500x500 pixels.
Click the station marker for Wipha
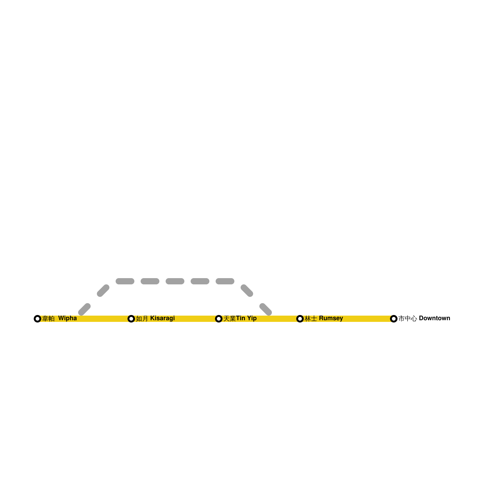tap(37, 319)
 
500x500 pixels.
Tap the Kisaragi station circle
tap(131, 319)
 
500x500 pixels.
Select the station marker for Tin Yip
tap(219, 319)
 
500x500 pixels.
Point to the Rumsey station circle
tap(300, 319)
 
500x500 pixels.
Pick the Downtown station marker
tap(394, 319)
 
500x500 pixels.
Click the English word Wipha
tap(67, 318)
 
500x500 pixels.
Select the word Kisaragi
tap(162, 318)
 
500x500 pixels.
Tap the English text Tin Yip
tap(246, 318)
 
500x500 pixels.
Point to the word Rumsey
tap(331, 318)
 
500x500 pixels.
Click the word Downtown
tap(434, 318)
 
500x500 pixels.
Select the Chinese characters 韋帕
tap(48, 318)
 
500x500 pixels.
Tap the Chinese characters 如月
tap(142, 318)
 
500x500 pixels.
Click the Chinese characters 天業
tap(229, 318)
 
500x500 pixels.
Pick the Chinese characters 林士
tap(311, 318)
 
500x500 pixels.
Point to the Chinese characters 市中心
tap(407, 318)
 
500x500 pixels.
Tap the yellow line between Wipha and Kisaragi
tap(103, 319)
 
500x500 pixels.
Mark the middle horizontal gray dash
tap(175, 281)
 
